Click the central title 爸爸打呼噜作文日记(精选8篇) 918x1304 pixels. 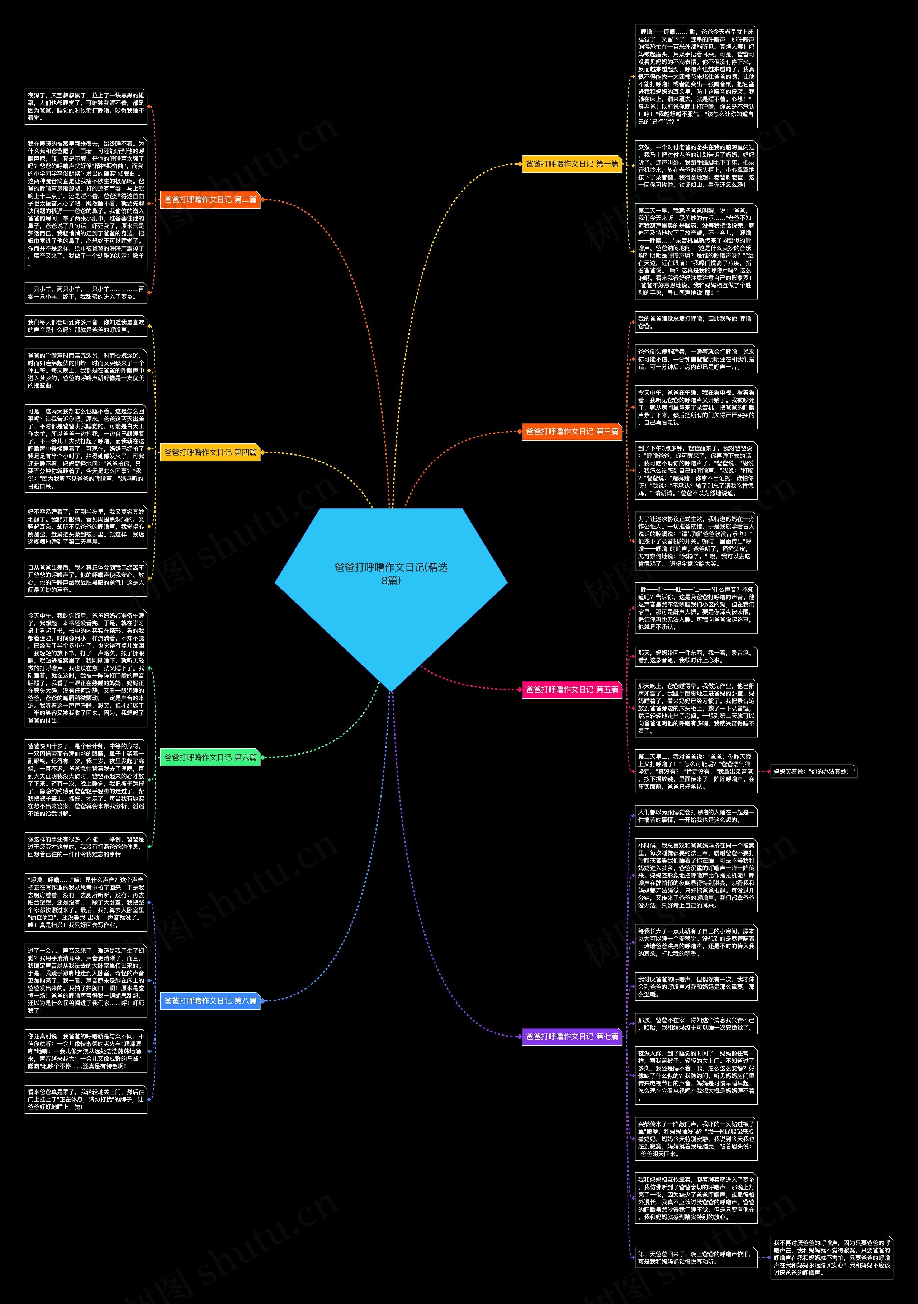click(391, 573)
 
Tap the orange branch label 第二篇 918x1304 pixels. click(210, 199)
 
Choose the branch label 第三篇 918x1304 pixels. click(572, 431)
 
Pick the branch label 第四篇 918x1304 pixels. click(210, 452)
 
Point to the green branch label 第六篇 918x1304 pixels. click(210, 757)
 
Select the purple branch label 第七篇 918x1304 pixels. click(572, 1037)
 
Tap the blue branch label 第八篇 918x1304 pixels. click(210, 1001)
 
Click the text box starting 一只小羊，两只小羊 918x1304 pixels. click(86, 292)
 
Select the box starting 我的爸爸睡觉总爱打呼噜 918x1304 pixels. click(696, 322)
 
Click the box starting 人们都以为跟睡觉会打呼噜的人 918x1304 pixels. click(696, 815)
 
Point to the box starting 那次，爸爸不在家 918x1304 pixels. click(696, 1023)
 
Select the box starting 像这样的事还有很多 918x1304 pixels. click(86, 846)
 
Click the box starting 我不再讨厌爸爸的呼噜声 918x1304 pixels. click(832, 1257)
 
